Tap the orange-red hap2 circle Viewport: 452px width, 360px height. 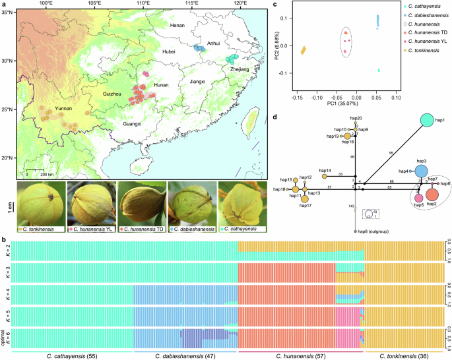[x=432, y=195]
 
